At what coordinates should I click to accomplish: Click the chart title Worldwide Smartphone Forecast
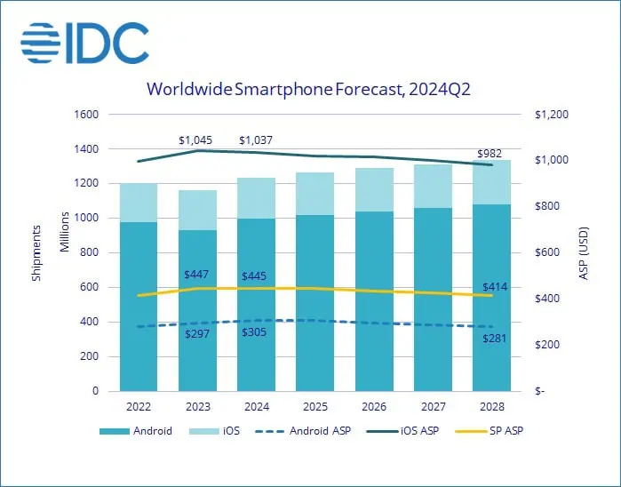click(x=310, y=89)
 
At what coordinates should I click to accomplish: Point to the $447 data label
click(x=197, y=273)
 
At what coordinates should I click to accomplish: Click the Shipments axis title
click(x=36, y=253)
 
